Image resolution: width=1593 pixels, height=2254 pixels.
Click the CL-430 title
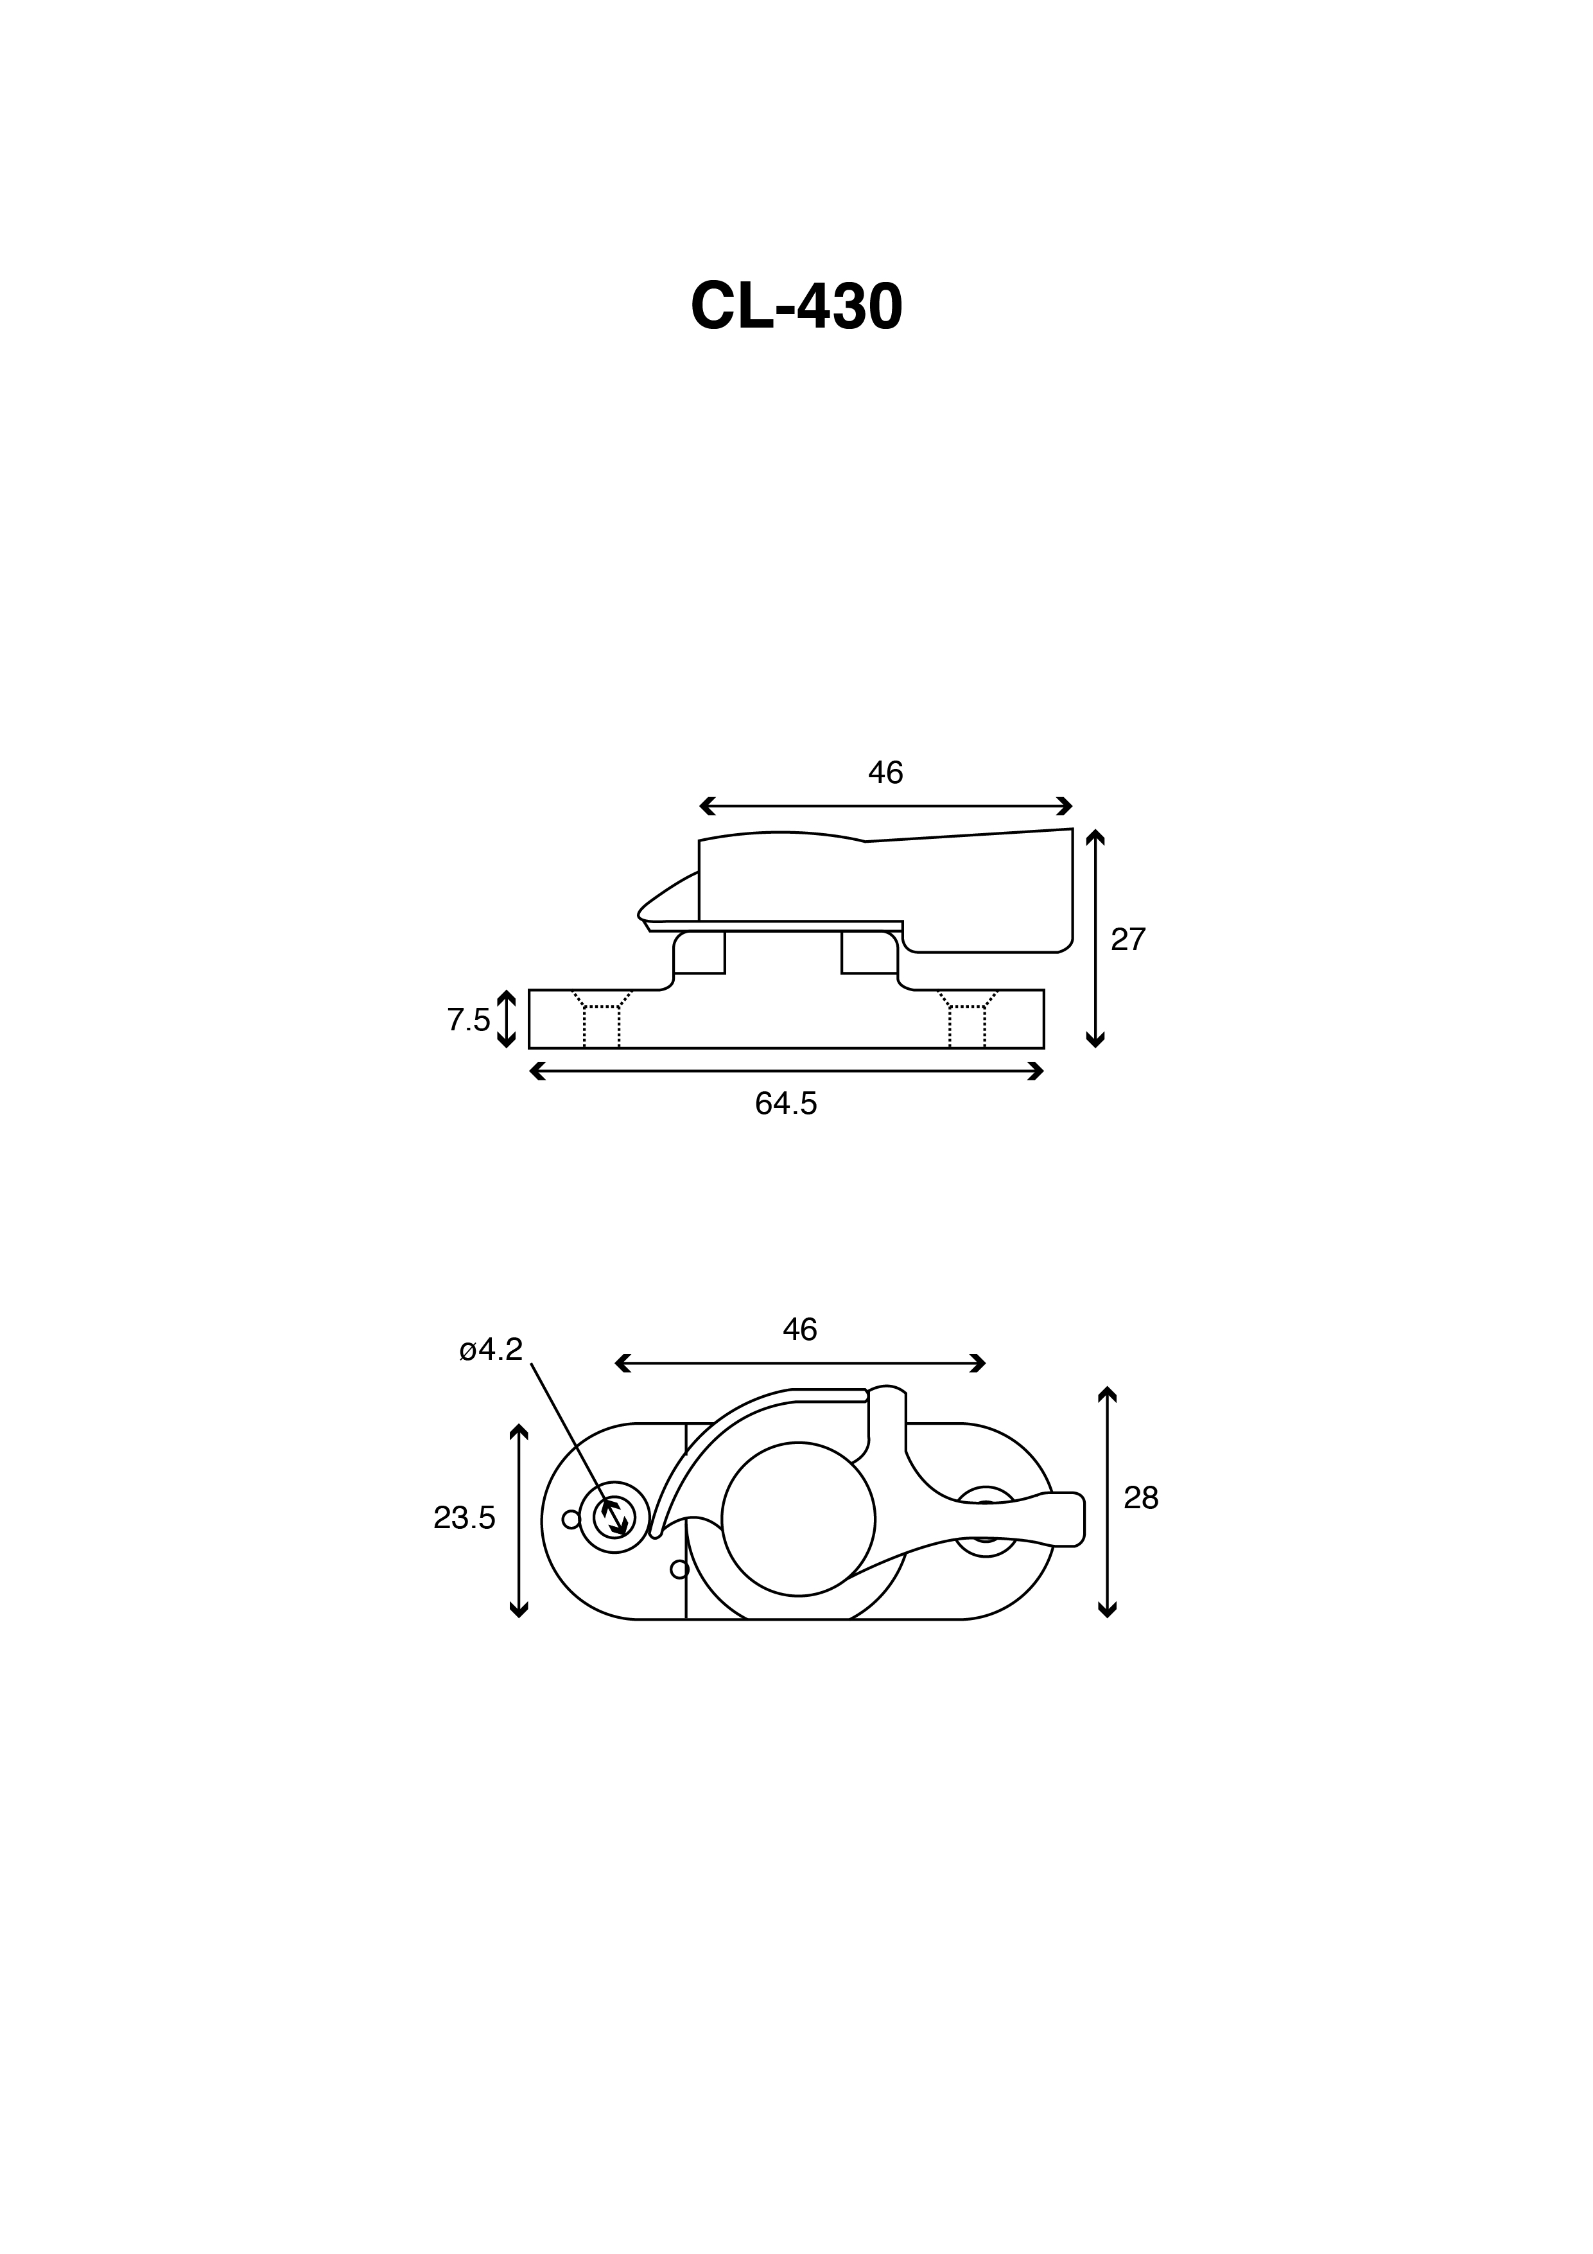coord(796,307)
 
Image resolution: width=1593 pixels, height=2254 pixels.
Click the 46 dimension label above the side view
coord(885,773)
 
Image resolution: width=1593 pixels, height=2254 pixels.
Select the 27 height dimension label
coord(1127,940)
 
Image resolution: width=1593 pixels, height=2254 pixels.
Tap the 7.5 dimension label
coord(468,1020)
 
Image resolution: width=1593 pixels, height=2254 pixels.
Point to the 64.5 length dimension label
coord(785,1104)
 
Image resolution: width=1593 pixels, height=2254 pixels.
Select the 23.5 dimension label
coord(464,1518)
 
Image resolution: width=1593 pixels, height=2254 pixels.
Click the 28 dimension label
coord(1142,1497)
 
